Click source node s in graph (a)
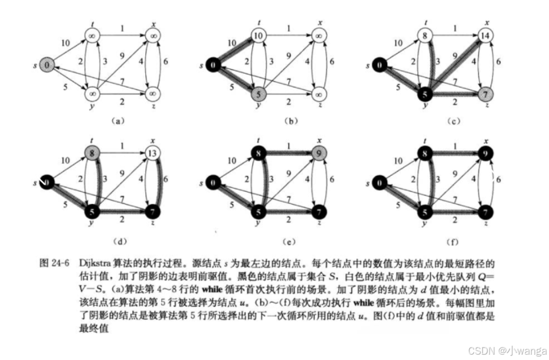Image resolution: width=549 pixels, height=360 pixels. point(48,64)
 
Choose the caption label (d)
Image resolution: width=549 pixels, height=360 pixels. point(117,240)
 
